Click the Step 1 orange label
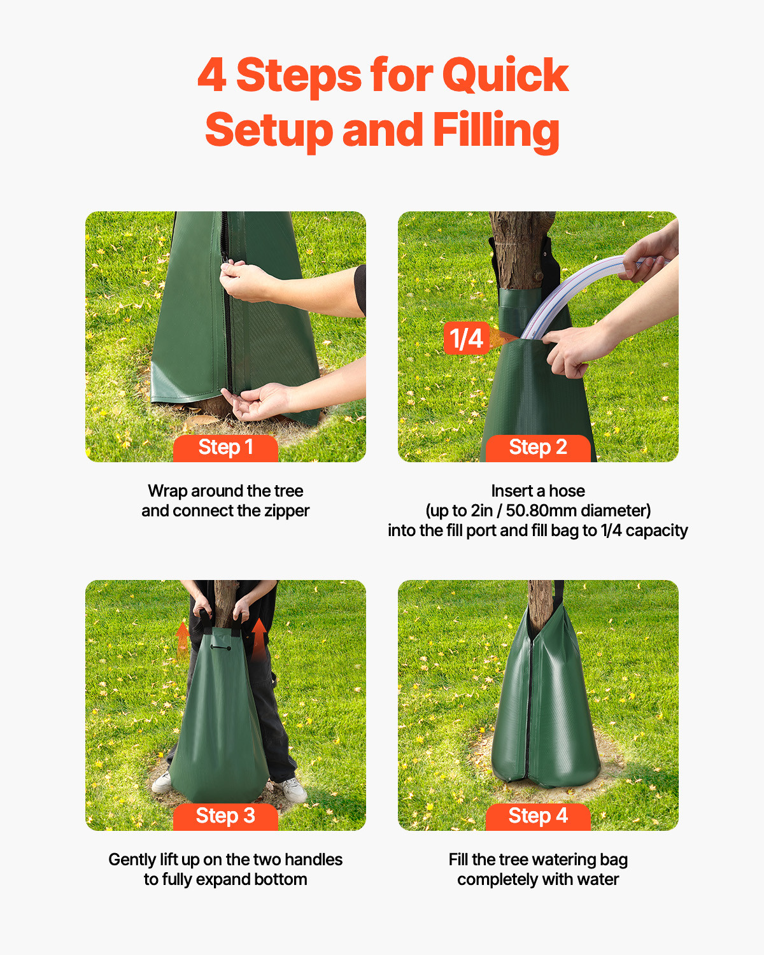[x=225, y=448]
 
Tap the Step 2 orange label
[x=538, y=448]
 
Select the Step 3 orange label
[x=225, y=816]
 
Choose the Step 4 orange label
[x=538, y=816]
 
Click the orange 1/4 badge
[x=466, y=338]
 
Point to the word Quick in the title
[x=504, y=76]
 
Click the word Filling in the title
[x=496, y=130]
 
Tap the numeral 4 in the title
[x=211, y=76]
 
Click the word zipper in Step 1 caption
[x=286, y=511]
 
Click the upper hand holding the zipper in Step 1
[x=248, y=282]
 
